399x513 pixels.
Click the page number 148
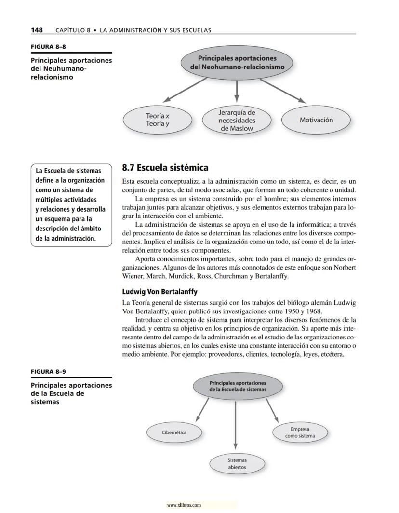[x=37, y=30]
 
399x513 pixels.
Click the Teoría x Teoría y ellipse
[x=157, y=120]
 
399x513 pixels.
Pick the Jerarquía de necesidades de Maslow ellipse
[x=236, y=120]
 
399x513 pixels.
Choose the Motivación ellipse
[x=316, y=120]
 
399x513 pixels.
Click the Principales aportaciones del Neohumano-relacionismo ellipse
[x=237, y=63]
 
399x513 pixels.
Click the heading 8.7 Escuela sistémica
[x=165, y=168]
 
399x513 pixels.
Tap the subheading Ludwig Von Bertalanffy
[x=160, y=292]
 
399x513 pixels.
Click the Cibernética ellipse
[x=174, y=432]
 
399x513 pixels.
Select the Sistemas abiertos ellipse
[x=237, y=464]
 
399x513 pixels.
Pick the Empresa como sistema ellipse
[x=300, y=432]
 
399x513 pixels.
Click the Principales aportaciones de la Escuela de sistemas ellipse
[x=237, y=386]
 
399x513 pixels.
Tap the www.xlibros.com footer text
[x=183, y=505]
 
